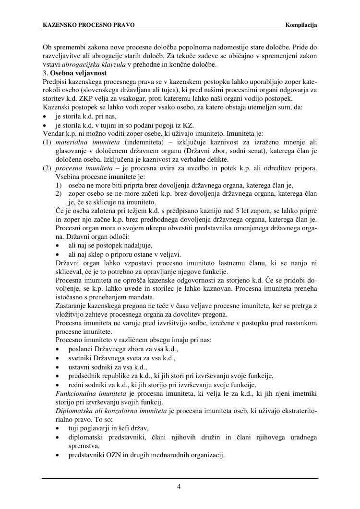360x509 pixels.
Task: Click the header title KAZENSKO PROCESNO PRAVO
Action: coord(89,24)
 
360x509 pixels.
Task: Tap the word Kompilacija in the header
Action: coord(301,24)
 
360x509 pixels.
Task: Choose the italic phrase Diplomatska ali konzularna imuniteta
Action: coord(111,411)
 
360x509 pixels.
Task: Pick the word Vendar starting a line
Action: coord(53,133)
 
